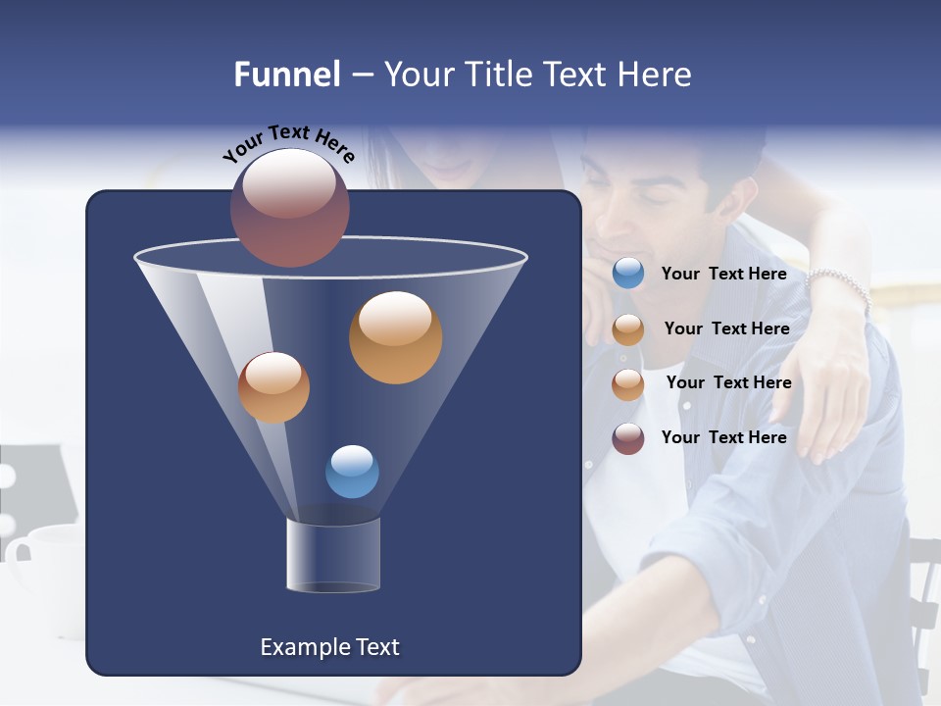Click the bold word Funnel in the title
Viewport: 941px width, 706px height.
(286, 75)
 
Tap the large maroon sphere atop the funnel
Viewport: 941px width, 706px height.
(290, 207)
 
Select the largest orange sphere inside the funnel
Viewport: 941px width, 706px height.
(395, 337)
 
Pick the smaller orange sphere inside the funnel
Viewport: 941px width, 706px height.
(273, 387)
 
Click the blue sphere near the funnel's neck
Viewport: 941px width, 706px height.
(352, 472)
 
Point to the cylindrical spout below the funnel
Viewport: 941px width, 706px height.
(332, 555)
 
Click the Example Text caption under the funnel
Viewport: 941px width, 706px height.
(329, 647)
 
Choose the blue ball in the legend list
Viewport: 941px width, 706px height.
(628, 274)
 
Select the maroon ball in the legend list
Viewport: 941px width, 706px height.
(628, 438)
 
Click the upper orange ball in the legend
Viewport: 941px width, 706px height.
(628, 329)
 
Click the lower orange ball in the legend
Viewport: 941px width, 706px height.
(628, 383)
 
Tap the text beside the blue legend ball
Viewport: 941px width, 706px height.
(723, 275)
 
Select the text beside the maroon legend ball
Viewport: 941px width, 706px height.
(723, 437)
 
